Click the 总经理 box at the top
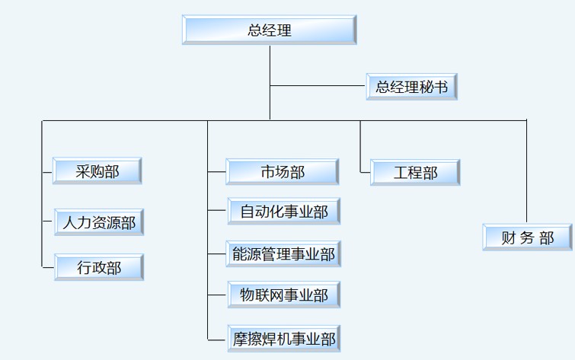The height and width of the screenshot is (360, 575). pyautogui.click(x=270, y=30)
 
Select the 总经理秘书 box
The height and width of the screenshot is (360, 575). pyautogui.click(x=412, y=87)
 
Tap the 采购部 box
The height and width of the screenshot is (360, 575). pyautogui.click(x=97, y=171)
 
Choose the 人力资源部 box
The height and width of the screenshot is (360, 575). pyautogui.click(x=99, y=223)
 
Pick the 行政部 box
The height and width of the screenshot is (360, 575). pyautogui.click(x=99, y=268)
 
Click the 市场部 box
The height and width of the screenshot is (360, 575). pyautogui.click(x=283, y=172)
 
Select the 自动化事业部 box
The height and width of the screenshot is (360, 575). pyautogui.click(x=284, y=212)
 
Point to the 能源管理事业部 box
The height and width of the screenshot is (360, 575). pyautogui.click(x=284, y=254)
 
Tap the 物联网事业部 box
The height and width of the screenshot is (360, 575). pyautogui.click(x=284, y=295)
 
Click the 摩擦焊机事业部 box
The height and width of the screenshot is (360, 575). pyautogui.click(x=284, y=339)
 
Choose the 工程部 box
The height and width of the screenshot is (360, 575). pyautogui.click(x=415, y=173)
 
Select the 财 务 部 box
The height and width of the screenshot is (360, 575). pyautogui.click(x=528, y=237)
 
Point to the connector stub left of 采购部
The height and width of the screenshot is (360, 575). pyautogui.click(x=47, y=171)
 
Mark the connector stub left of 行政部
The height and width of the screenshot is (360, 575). pyautogui.click(x=48, y=267)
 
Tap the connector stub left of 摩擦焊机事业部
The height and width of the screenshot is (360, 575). pyautogui.click(x=217, y=339)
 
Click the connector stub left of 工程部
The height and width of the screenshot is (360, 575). pyautogui.click(x=366, y=173)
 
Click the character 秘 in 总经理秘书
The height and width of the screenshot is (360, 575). pyautogui.click(x=427, y=87)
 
